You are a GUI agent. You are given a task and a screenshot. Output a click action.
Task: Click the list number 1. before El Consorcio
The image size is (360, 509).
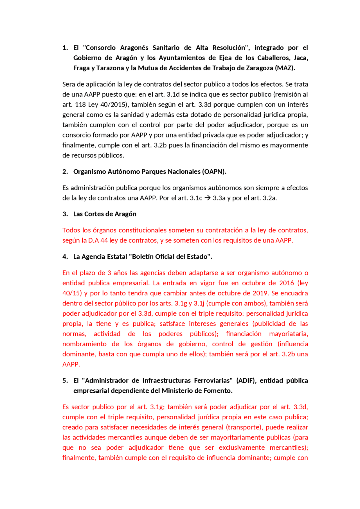click(65, 48)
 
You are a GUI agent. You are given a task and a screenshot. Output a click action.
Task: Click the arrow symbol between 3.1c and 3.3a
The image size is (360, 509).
click(207, 198)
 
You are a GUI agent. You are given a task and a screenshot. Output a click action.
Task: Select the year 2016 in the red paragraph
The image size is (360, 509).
click(286, 283)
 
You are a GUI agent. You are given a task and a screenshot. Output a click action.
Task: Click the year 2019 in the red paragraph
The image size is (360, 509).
click(260, 293)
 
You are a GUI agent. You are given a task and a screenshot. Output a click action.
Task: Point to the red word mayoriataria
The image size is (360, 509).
click(289, 334)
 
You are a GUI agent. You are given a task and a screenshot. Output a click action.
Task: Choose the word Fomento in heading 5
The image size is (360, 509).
click(220, 391)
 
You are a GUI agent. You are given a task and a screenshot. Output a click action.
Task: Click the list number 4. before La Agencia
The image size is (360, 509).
click(65, 257)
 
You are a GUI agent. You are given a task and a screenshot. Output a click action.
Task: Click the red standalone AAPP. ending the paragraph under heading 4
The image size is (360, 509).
click(71, 364)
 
